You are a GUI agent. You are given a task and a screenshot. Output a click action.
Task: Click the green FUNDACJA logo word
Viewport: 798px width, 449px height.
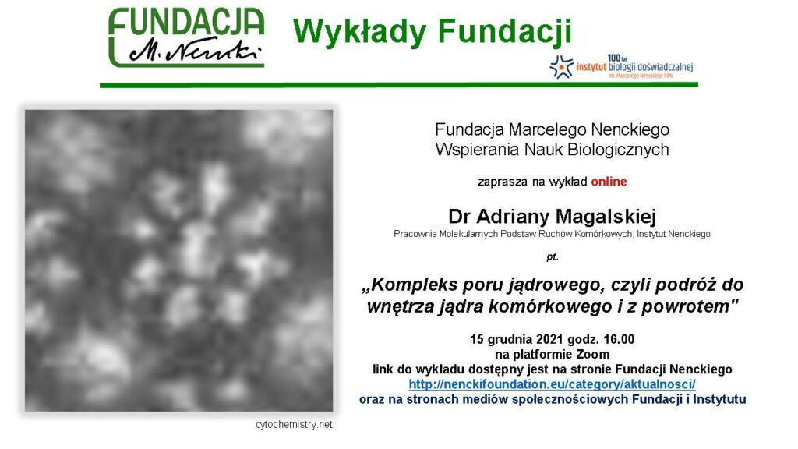tap(186, 23)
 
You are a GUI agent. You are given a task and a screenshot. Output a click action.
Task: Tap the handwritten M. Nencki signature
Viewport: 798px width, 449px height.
tap(195, 51)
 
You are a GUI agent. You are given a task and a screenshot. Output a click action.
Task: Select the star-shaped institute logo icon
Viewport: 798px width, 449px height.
tap(561, 67)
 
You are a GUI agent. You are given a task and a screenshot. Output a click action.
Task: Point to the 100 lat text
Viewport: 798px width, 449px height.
tap(617, 58)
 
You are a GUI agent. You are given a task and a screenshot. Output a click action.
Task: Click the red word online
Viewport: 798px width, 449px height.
tap(609, 182)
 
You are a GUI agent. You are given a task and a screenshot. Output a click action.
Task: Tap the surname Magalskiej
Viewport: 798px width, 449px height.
tap(605, 217)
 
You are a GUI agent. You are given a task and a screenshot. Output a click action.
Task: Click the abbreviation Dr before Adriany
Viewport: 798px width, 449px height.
tap(459, 217)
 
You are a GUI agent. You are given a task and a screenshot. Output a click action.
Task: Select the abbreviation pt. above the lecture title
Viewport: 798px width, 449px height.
tap(553, 257)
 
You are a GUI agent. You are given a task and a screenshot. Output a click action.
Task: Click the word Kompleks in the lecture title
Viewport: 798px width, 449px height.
tap(414, 285)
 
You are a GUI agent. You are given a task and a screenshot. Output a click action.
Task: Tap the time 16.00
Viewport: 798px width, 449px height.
tap(619, 340)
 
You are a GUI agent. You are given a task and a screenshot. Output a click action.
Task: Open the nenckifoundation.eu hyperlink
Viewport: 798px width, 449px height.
tap(553, 384)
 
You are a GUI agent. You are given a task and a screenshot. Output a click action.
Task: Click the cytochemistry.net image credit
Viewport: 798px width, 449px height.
tap(294, 425)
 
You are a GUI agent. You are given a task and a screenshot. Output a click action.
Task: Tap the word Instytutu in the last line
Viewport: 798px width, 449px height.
tap(719, 400)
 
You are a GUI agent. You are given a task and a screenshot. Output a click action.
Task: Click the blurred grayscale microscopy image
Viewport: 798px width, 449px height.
tap(179, 260)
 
